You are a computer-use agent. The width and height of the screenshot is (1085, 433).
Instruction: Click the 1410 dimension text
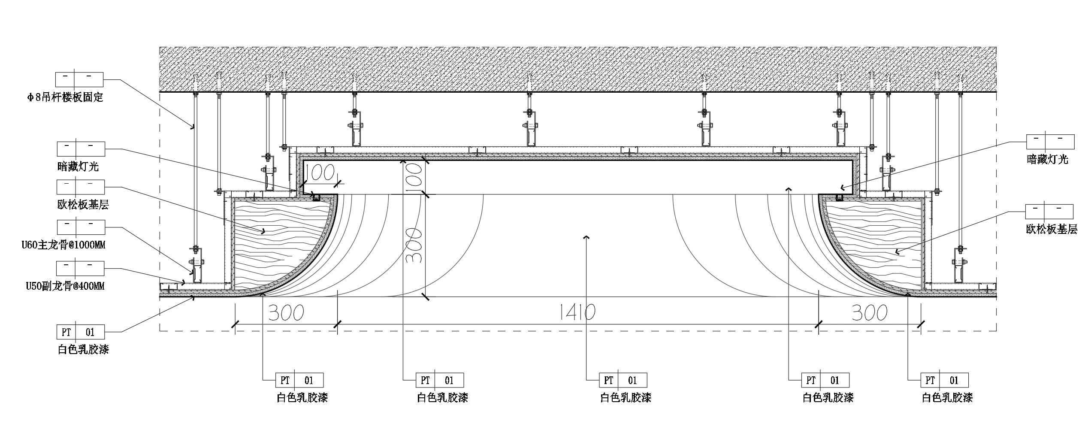point(577,312)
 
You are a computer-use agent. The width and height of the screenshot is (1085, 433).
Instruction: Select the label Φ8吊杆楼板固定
point(64,97)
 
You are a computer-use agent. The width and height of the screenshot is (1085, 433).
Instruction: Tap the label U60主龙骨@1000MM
point(63,245)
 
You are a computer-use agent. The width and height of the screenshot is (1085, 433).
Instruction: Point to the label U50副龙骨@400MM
point(65,286)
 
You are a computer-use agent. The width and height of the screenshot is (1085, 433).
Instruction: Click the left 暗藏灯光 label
point(78,167)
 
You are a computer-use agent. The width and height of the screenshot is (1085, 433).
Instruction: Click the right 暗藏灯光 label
point(1047,160)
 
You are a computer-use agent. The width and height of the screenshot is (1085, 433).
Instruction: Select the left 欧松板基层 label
point(83,205)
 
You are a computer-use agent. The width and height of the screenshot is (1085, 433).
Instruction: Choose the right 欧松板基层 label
point(1052,229)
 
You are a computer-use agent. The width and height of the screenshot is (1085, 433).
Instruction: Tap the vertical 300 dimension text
point(414,245)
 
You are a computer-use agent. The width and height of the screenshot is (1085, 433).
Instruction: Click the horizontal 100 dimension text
point(320,173)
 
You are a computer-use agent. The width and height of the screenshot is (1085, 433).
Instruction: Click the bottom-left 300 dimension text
point(286,313)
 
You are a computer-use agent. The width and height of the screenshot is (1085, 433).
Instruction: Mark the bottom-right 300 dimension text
point(869,313)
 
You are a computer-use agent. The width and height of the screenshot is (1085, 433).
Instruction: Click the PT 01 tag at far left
point(80,332)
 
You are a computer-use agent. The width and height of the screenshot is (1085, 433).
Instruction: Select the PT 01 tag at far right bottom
point(945,380)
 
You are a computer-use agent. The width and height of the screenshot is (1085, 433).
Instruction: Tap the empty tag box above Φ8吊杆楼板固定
point(79,79)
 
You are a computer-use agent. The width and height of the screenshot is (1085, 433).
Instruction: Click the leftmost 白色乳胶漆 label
point(83,349)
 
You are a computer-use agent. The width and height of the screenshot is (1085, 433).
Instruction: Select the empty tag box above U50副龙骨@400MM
point(80,269)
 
